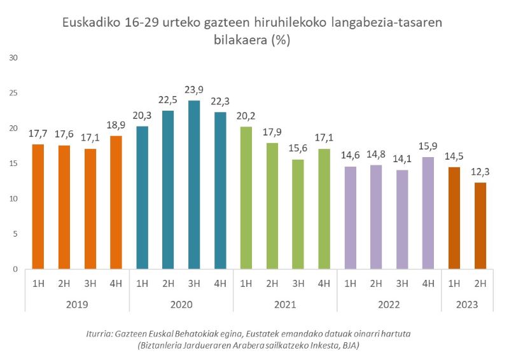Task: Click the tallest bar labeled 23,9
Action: click(194, 185)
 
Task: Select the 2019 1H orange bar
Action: click(38, 207)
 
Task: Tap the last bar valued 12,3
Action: click(480, 226)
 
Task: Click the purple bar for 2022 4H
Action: click(428, 213)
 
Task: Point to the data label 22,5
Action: click(168, 99)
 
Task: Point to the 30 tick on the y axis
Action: click(13, 58)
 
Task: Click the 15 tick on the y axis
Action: click(13, 163)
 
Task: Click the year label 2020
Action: click(181, 305)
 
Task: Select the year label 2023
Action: click(466, 305)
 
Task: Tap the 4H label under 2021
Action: click(324, 283)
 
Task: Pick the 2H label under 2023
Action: click(480, 283)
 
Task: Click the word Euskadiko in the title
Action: click(91, 23)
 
